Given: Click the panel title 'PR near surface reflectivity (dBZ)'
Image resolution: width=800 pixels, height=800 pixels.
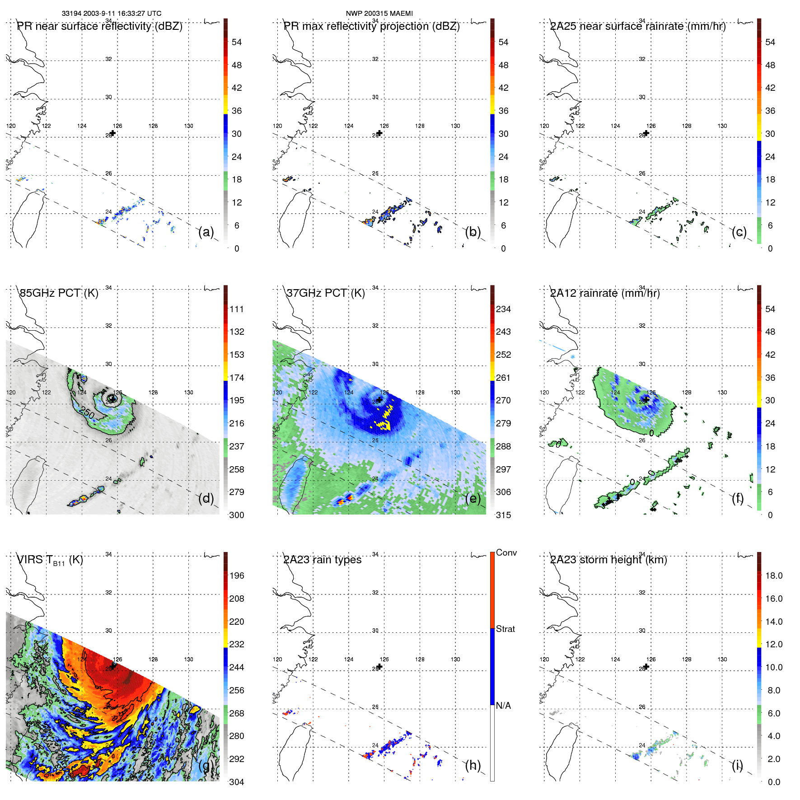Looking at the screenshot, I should coord(99,26).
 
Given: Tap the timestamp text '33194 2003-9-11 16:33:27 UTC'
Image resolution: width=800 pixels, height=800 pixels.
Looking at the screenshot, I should coord(112,14).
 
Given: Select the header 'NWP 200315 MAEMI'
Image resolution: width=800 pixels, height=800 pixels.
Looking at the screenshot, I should coord(379,14).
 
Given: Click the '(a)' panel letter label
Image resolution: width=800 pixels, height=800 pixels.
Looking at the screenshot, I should coord(206,232).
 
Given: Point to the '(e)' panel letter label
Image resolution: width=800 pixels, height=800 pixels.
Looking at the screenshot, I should coord(473,499).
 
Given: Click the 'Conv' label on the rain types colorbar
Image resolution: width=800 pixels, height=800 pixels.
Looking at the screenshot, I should coord(506,553).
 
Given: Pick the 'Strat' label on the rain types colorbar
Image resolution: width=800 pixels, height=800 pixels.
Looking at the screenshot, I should coord(505,629).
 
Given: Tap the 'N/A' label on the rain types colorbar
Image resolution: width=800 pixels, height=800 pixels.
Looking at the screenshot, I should coord(503,706).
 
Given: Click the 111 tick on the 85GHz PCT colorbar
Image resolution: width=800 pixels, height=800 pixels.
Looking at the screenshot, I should coord(237,309).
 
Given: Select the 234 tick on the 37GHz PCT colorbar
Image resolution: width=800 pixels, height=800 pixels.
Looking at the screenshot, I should coord(503,309).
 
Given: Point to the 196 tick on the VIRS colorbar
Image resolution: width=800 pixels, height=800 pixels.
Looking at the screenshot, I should coord(237,576).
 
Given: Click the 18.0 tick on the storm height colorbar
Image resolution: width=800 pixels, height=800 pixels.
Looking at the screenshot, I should coord(773,576).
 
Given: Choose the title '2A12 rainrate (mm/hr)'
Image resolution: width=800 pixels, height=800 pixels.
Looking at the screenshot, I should coord(605,293).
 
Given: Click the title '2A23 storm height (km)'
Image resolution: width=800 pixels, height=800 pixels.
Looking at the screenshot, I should coord(608,560).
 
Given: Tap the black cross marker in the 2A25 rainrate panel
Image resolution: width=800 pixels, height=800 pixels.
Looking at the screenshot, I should coord(646,133).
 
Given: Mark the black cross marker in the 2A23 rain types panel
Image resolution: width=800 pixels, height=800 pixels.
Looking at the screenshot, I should coord(380,666).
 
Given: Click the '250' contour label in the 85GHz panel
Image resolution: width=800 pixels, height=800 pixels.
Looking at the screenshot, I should coord(87,412).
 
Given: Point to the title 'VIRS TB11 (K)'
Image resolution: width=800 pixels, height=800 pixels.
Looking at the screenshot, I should coord(50,560).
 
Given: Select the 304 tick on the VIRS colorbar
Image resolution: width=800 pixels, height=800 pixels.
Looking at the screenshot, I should coord(237,782).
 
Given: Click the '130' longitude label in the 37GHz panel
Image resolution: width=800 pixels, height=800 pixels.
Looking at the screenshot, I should coord(455,393).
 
